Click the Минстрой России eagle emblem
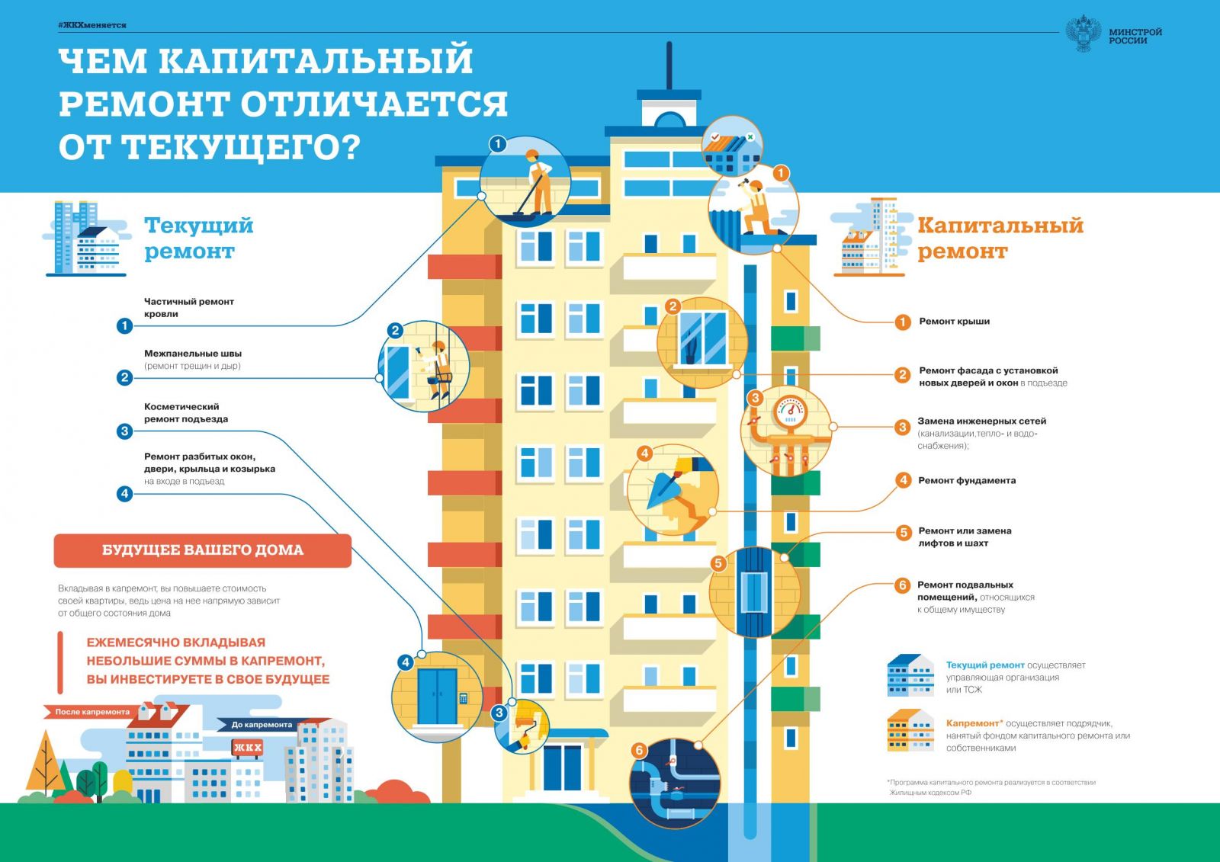(x=1083, y=34)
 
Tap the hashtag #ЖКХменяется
(x=92, y=25)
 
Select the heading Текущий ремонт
(x=199, y=238)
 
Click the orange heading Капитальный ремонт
(x=1000, y=238)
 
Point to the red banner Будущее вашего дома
(x=203, y=550)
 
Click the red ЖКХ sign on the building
(x=247, y=748)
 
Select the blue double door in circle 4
(x=438, y=696)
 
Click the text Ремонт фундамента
(x=967, y=480)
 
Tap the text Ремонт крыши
(x=954, y=322)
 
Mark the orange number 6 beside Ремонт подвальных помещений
(x=903, y=585)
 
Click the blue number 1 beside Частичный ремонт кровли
(x=124, y=325)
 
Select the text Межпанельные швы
(x=193, y=354)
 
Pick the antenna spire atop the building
(x=669, y=66)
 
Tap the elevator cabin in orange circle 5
(x=754, y=592)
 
